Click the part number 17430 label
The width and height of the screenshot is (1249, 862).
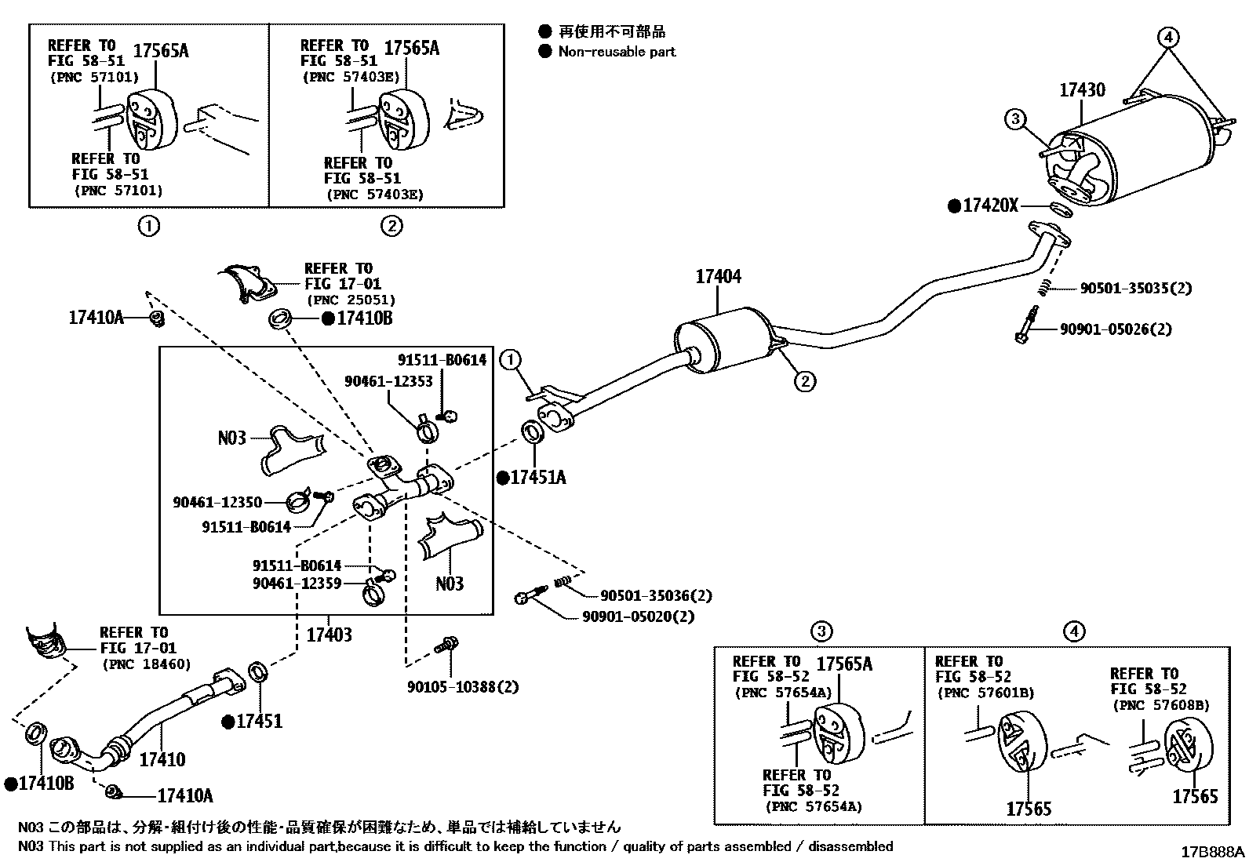(1082, 90)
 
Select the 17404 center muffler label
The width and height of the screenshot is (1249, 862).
(718, 276)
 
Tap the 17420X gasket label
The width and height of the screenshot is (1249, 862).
(989, 205)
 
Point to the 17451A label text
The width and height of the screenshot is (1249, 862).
(537, 477)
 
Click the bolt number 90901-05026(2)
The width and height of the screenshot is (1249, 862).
(1115, 329)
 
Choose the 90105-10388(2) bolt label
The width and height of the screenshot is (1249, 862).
(462, 687)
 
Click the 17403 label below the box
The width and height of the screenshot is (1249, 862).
(329, 635)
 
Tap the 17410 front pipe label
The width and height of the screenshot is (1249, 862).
(162, 759)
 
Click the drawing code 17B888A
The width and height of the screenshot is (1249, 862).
(1214, 851)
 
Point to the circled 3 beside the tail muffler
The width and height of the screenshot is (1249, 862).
(1015, 119)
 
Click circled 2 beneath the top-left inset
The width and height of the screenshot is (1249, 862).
(391, 227)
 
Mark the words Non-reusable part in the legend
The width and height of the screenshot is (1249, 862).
(617, 52)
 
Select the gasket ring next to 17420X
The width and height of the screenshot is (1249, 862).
(1059, 209)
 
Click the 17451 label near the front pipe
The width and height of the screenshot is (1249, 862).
(258, 722)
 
